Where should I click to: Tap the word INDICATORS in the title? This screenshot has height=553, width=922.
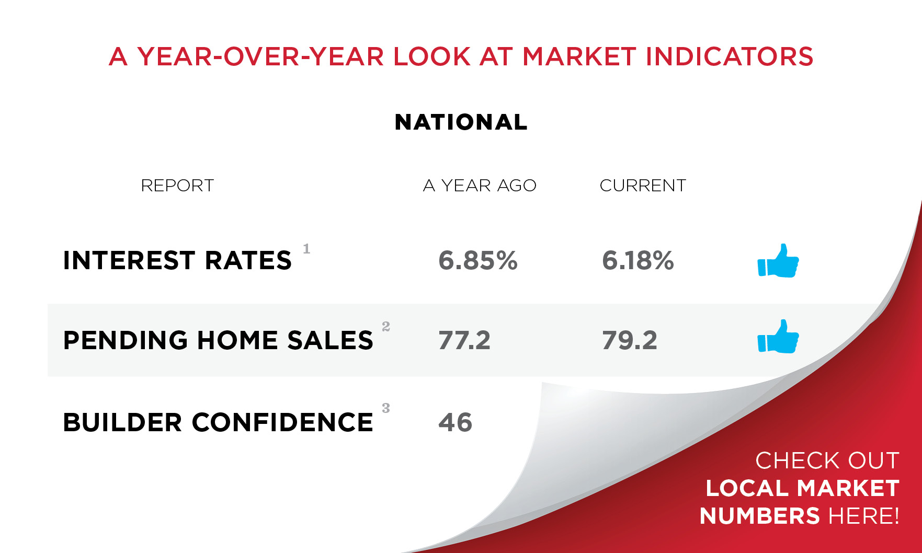[x=730, y=56]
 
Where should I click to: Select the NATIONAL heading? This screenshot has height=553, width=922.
[x=461, y=122]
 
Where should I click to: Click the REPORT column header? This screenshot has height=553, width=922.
[x=177, y=186]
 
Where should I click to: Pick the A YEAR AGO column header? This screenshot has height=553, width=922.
[x=480, y=186]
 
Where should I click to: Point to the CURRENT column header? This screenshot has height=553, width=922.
[x=643, y=186]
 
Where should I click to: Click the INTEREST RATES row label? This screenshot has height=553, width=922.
[x=177, y=260]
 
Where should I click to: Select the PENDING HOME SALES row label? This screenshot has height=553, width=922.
[x=218, y=340]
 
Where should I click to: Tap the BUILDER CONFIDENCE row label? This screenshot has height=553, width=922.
[x=218, y=422]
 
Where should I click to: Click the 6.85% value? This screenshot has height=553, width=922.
[x=478, y=260]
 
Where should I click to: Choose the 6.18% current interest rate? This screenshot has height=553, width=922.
[x=638, y=260]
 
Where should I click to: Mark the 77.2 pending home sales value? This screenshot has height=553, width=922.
[x=464, y=340]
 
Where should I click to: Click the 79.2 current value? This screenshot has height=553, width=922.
[x=630, y=340]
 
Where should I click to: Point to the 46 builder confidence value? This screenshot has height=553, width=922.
[x=455, y=422]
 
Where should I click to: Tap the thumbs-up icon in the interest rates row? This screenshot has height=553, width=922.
[x=778, y=261]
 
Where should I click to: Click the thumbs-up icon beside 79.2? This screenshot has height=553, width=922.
[x=778, y=337]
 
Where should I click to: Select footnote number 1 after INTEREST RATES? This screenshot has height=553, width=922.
[x=306, y=249]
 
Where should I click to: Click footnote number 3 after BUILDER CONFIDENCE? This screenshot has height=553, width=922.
[x=386, y=408]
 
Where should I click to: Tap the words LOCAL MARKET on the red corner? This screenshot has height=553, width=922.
[x=802, y=489]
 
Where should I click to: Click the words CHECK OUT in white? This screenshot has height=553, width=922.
[x=827, y=461]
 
